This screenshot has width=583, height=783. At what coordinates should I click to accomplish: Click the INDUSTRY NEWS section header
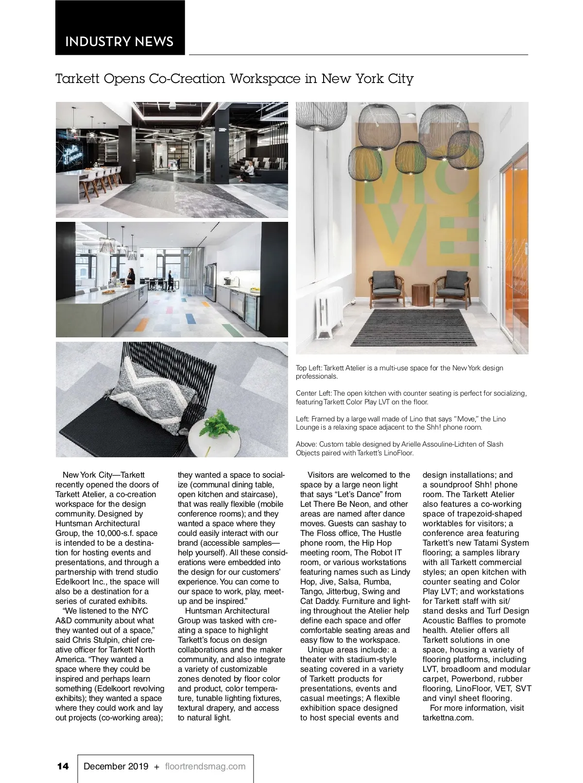[x=119, y=41]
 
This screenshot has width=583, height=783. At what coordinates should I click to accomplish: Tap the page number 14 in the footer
[x=63, y=766]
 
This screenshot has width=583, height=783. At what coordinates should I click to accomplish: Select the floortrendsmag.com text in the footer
[x=205, y=766]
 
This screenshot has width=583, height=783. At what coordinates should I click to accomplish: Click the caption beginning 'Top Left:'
[x=399, y=372]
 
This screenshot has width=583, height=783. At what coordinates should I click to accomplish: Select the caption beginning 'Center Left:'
[x=411, y=397]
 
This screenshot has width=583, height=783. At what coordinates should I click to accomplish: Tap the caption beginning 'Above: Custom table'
[x=399, y=448]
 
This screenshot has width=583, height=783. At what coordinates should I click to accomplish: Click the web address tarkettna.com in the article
[x=447, y=717]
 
